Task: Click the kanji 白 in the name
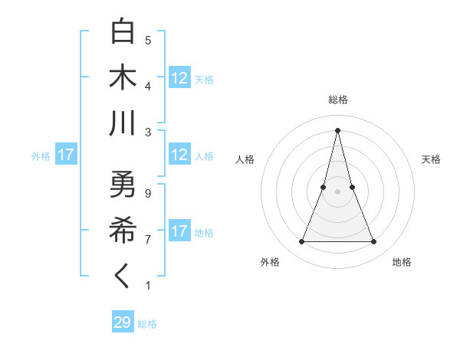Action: [x=123, y=31]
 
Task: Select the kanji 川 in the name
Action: [x=123, y=123]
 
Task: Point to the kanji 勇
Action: [x=123, y=185]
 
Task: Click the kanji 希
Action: [x=123, y=231]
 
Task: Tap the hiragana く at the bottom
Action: [x=123, y=277]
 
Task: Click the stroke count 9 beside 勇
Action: [x=147, y=194]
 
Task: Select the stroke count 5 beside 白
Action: [x=147, y=40]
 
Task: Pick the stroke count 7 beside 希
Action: [x=147, y=240]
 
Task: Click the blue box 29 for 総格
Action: [x=123, y=322]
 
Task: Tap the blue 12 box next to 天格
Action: [x=179, y=78]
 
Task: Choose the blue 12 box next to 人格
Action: [x=179, y=155]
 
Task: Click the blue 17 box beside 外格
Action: [x=66, y=155]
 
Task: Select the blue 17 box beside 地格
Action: [x=179, y=231]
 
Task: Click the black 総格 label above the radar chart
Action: [x=337, y=100]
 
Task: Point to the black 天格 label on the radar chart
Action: [x=432, y=159]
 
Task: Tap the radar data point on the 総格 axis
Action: [x=337, y=129]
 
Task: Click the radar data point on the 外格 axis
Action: [x=301, y=242]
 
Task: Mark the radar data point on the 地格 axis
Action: [x=373, y=242]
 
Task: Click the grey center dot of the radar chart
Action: [x=337, y=191]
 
